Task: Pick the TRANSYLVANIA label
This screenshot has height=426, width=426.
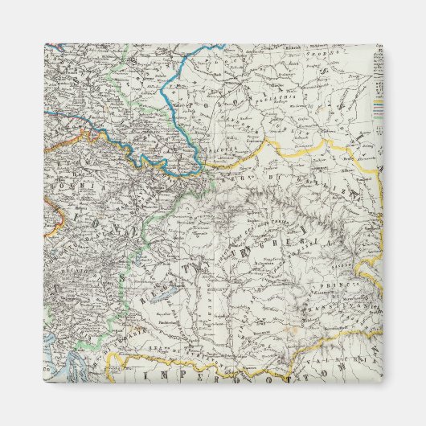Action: tap(338, 305)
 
